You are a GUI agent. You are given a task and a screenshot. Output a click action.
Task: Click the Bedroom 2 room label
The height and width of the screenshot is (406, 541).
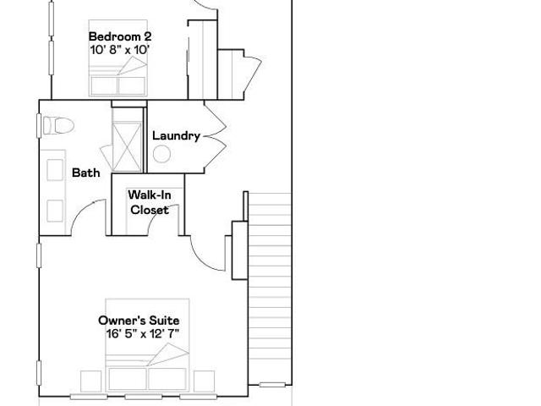point(120,36)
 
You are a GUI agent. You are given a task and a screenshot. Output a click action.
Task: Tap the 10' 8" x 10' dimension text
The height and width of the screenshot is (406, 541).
point(119,50)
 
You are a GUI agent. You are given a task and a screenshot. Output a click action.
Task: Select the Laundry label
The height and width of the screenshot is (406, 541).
point(176,135)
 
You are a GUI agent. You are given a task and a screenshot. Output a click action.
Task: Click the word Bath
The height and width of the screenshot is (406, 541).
point(86,173)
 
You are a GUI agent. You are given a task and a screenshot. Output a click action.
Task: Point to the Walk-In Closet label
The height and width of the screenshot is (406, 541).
point(150,202)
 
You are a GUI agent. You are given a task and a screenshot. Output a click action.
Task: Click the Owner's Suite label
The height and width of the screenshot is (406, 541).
point(139,321)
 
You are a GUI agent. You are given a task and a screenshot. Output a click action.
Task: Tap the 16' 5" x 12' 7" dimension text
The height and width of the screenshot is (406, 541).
point(143,334)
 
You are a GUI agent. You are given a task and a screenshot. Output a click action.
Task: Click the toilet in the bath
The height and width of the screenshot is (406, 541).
point(58,125)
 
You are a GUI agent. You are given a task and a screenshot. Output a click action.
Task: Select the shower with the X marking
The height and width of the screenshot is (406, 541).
point(127,146)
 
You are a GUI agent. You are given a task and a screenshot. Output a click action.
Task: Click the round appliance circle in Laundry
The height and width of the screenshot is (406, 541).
point(161,154)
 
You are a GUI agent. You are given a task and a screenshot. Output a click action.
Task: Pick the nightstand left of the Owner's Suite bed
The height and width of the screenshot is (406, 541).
point(90,381)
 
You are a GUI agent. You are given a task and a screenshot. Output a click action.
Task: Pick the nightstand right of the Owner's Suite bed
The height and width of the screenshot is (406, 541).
point(204,381)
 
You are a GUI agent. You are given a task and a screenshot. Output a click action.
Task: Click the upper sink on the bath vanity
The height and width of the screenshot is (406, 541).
point(55,170)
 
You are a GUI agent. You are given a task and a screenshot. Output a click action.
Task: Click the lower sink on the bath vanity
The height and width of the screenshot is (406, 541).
point(55,211)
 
